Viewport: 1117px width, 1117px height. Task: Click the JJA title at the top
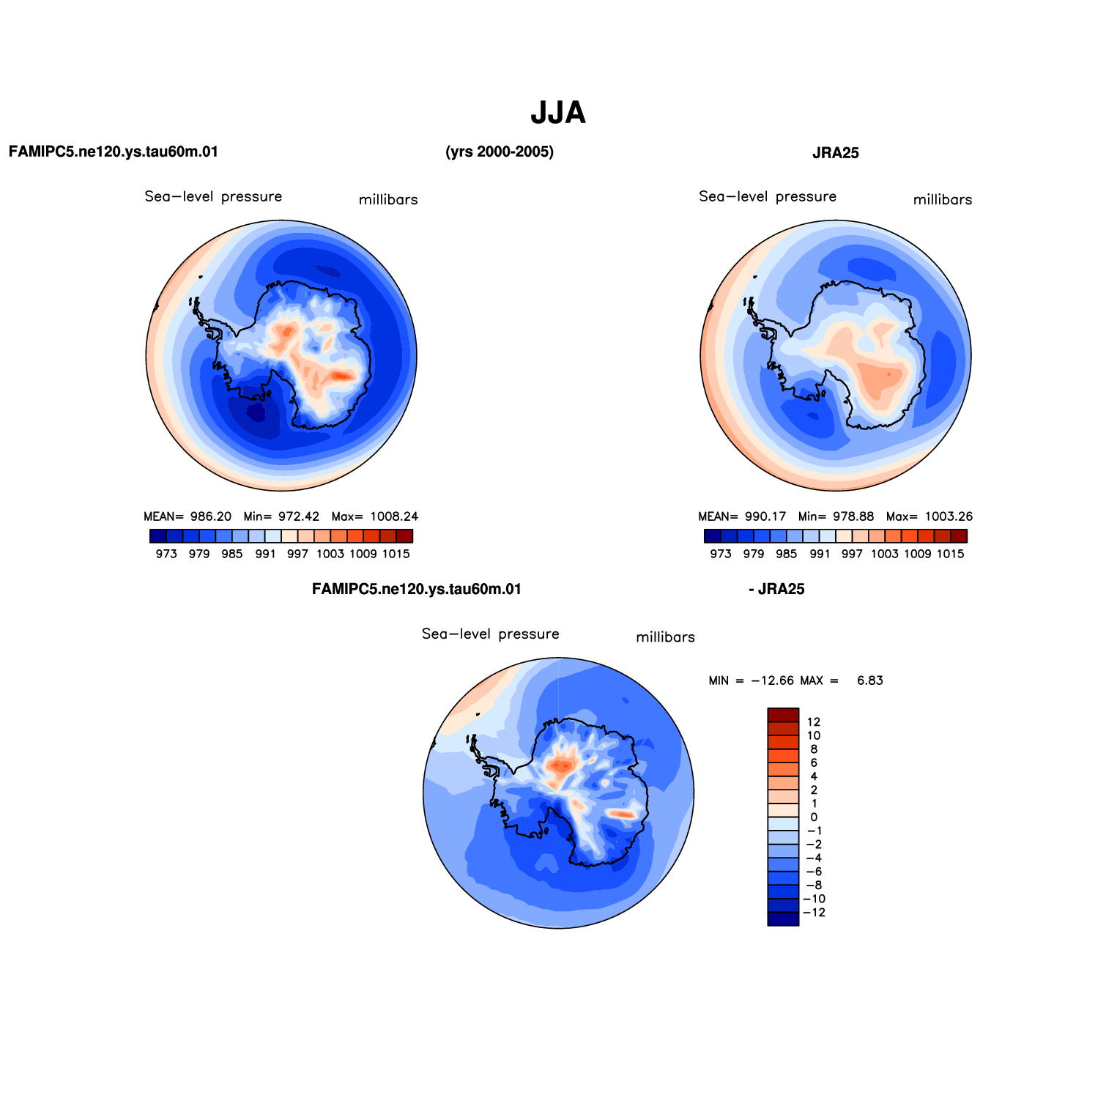click(x=558, y=113)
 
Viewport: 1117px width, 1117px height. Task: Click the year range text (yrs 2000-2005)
click(x=500, y=152)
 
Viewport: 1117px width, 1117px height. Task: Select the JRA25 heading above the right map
click(x=835, y=153)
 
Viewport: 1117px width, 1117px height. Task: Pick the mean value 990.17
click(x=765, y=516)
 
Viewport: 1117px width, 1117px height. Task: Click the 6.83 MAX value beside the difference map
click(x=870, y=680)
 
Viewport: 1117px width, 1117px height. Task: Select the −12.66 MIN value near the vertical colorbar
click(x=772, y=680)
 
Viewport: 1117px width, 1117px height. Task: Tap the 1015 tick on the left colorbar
click(x=396, y=554)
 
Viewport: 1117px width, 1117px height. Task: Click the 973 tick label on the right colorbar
click(x=721, y=554)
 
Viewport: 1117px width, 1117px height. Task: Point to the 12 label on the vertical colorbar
click(x=814, y=722)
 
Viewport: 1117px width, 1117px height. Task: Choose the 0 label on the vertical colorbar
click(x=814, y=817)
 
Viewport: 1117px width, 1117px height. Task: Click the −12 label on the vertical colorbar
click(x=814, y=913)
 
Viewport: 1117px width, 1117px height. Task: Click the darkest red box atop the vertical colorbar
click(x=783, y=715)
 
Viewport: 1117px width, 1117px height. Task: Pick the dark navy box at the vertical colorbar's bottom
click(x=783, y=919)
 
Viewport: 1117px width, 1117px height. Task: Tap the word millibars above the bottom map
click(x=665, y=637)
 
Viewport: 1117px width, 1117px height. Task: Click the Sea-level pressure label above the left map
click(x=213, y=196)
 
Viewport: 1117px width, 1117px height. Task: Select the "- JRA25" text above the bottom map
click(x=776, y=590)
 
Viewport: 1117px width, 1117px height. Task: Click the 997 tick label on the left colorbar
click(x=298, y=554)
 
